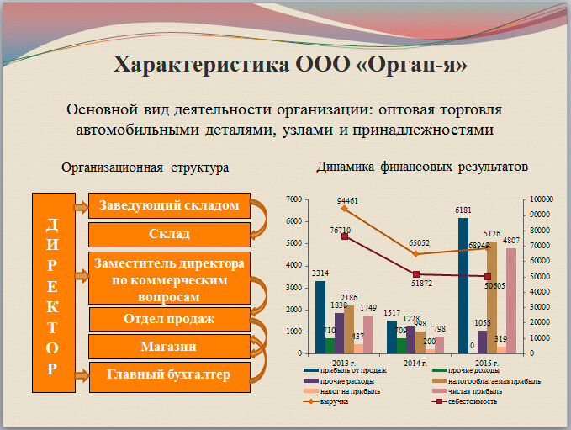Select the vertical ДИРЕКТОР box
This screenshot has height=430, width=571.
[52, 292]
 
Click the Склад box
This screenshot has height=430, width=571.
[169, 234]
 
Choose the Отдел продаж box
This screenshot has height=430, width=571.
[169, 319]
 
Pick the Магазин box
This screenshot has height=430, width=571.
[169, 346]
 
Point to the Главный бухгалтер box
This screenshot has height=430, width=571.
[169, 374]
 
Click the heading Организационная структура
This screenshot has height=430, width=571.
[145, 167]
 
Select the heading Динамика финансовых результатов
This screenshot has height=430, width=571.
[422, 167]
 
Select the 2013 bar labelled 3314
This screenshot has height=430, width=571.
[320, 316]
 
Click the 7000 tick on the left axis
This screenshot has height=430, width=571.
[295, 199]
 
